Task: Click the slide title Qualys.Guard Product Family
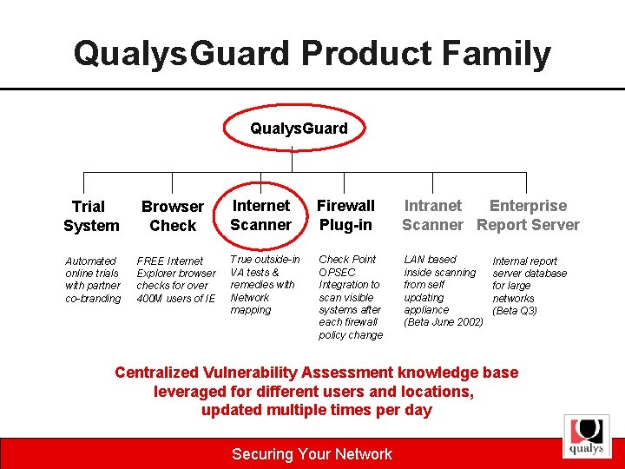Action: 312,54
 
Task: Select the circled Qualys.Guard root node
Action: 299,129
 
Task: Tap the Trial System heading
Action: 90,216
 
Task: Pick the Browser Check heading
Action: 172,216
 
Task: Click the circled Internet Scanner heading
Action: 261,215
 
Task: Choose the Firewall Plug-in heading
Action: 345,215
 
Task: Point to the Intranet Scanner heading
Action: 432,215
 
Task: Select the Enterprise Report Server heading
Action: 528,215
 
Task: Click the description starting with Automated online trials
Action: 93,280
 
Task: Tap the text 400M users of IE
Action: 175,299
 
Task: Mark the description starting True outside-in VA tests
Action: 264,284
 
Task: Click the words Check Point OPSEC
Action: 347,266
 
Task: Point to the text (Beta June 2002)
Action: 444,322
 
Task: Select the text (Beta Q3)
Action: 515,311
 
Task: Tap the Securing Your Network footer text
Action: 312,454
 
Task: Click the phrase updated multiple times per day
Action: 316,411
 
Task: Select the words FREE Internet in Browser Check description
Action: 170,261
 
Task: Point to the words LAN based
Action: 430,260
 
